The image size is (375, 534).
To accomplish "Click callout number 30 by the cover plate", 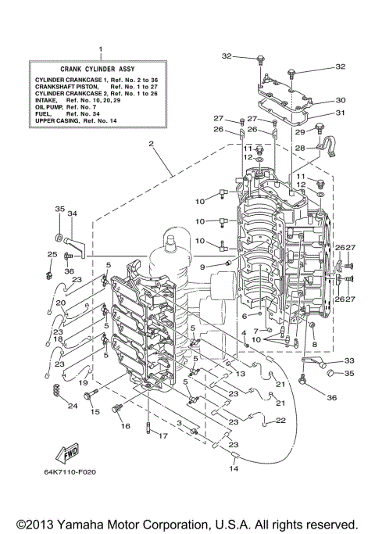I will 341,100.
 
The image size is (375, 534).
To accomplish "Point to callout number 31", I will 341,113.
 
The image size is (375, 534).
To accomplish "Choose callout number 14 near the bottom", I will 233,468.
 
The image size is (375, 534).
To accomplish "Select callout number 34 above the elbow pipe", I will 71,213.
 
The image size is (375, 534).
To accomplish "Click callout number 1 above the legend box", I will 100,49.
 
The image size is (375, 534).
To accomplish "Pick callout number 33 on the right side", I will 348,360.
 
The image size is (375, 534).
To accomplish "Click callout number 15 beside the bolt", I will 95,411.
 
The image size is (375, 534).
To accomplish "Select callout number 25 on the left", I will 52,254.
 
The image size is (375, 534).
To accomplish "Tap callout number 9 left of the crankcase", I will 202,267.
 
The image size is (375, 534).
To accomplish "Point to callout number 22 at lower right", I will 282,421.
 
